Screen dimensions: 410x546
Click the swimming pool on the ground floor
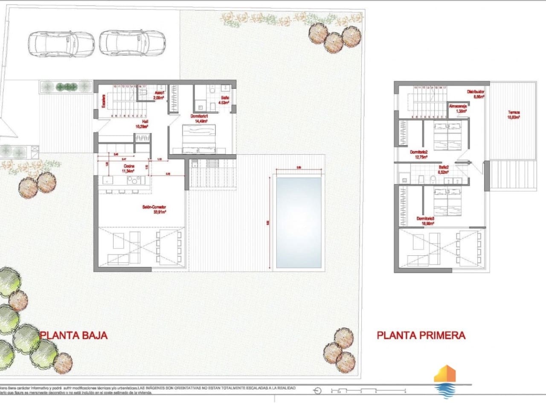point(299,222)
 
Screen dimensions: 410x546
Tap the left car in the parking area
point(61,43)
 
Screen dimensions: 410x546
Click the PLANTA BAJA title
point(73,335)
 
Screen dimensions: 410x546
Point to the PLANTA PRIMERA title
point(421,335)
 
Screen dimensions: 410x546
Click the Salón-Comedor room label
point(154,209)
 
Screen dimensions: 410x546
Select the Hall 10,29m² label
point(142,124)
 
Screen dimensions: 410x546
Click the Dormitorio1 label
point(199,118)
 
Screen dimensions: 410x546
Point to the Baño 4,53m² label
point(224,100)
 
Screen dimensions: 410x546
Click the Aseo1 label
point(159,95)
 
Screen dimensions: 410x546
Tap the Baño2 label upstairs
point(444,170)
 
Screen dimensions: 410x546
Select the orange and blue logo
point(444,381)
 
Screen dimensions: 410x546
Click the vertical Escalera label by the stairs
point(103,101)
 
